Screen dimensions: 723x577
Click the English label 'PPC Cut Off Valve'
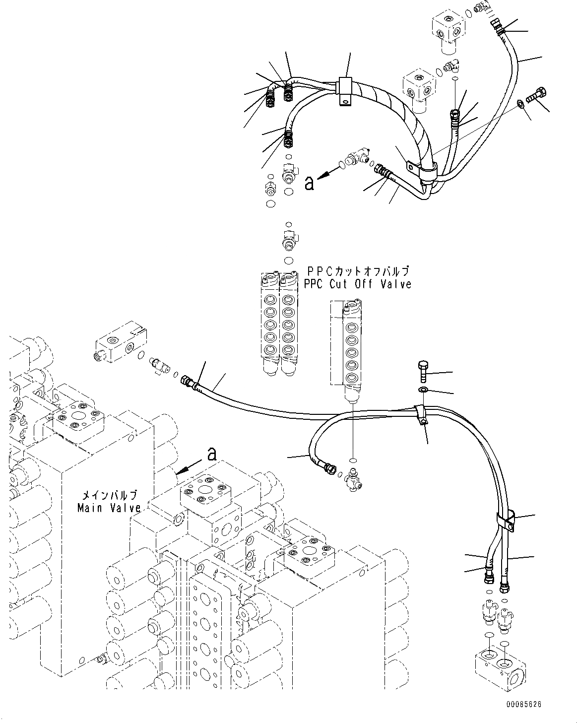tap(358, 284)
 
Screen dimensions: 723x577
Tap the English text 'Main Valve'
tap(109, 508)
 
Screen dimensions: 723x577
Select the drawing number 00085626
tap(523, 704)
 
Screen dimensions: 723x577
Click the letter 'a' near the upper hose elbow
tap(310, 183)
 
